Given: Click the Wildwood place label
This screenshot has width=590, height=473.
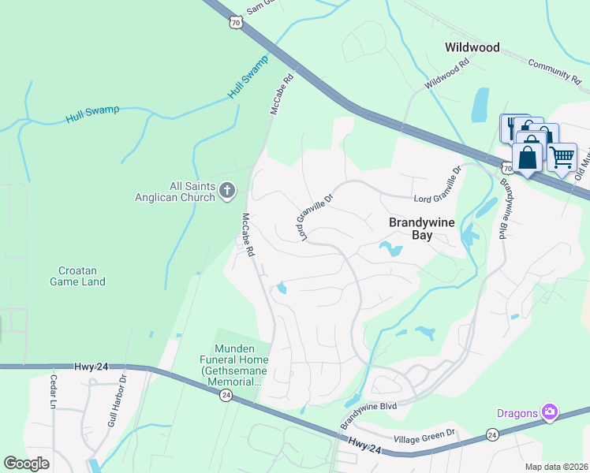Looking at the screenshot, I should point(472,47).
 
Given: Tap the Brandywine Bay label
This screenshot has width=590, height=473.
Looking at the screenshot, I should point(422,228).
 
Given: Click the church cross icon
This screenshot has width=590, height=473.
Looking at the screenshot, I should point(227,190).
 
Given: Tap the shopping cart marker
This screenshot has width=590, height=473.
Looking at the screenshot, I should point(562,156).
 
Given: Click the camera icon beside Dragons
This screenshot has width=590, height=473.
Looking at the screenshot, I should point(550,412).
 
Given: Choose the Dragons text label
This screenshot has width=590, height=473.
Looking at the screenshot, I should point(517,412).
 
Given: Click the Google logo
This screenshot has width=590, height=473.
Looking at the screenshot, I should point(27,464).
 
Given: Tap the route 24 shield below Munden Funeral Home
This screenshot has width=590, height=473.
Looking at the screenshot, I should point(225,395).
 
